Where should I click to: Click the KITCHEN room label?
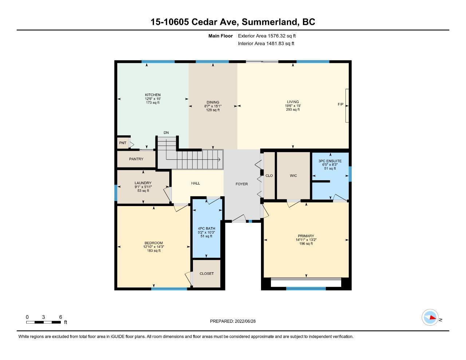coord(153,95)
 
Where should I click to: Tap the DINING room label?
coord(213,102)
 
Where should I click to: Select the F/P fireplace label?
coord(340,104)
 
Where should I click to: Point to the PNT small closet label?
coord(123,143)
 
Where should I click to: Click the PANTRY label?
coord(136,159)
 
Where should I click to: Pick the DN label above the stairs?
coord(166,132)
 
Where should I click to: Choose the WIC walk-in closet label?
coord(293,175)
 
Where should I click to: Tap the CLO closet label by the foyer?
coord(269,175)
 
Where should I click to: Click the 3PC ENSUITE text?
coord(330,161)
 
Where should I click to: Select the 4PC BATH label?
coord(206,228)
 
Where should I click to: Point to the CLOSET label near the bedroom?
coord(206,274)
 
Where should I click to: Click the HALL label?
coord(196,183)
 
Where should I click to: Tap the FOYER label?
coord(242,184)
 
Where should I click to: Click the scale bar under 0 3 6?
coord(44,322)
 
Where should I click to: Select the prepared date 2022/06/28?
coord(245,321)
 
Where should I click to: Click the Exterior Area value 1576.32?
coord(276,36)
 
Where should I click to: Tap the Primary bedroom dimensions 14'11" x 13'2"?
coord(306,240)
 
